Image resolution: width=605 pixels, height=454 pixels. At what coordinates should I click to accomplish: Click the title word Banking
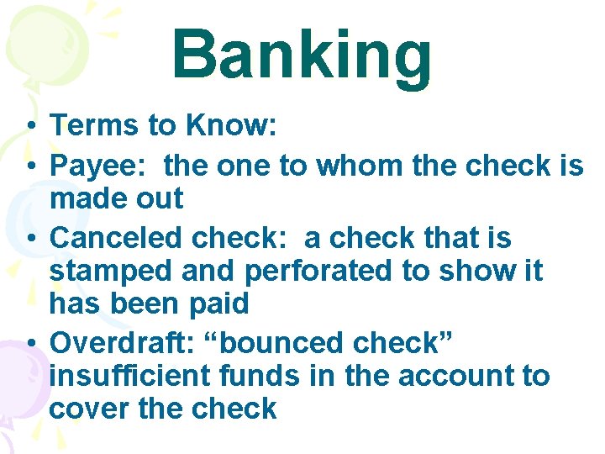tap(302, 55)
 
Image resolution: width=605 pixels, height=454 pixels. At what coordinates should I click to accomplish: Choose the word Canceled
tap(117, 239)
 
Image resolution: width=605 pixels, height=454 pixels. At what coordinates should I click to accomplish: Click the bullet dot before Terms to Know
tap(29, 127)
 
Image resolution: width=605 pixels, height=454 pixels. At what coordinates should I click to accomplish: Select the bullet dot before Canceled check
tap(29, 240)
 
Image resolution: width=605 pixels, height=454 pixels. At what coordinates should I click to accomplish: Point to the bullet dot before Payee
tap(29, 167)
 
